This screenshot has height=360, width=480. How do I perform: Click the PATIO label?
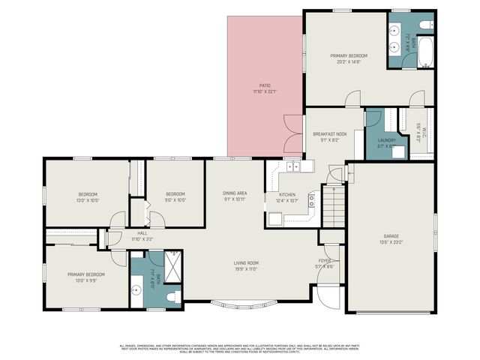point(265,85)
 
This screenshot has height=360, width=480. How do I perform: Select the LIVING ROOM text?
point(245,262)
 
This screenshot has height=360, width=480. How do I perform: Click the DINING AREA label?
point(235,193)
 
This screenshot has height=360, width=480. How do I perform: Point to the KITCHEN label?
point(288,194)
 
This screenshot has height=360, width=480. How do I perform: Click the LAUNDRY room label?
point(386,139)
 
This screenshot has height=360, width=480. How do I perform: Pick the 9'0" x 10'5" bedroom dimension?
point(175,199)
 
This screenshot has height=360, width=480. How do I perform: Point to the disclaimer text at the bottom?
point(239,347)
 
